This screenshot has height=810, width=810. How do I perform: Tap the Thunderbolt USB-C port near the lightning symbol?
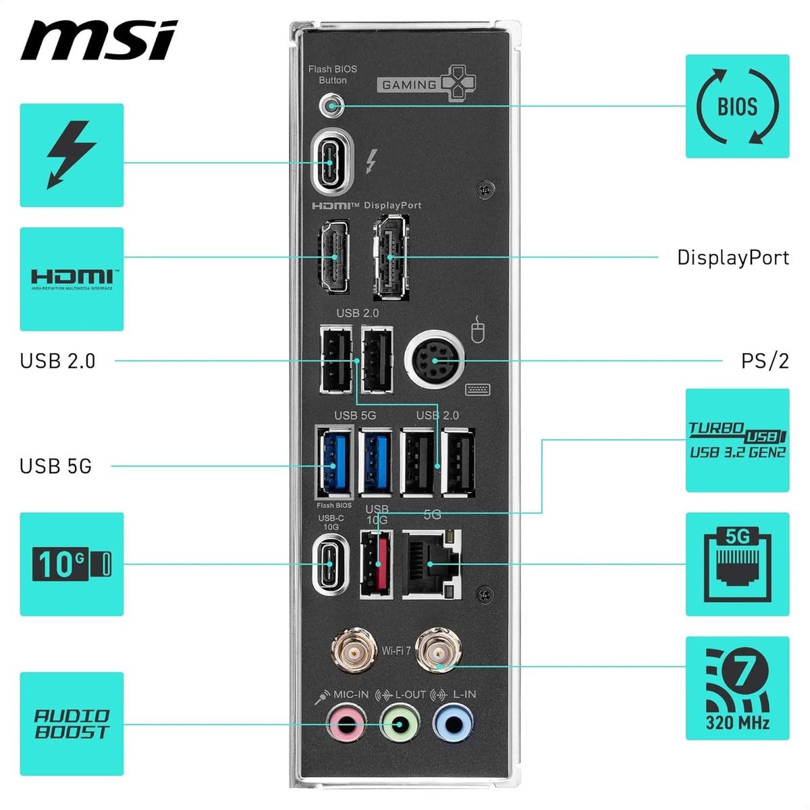click(x=331, y=163)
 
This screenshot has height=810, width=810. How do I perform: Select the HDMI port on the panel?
click(x=332, y=256)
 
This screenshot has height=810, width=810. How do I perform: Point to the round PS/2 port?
click(x=435, y=360)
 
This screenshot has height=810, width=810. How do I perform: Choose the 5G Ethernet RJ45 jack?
click(x=432, y=564)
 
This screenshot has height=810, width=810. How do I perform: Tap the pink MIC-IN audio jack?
click(x=346, y=725)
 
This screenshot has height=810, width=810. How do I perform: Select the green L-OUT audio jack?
click(x=400, y=725)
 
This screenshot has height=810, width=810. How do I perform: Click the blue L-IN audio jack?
click(x=453, y=725)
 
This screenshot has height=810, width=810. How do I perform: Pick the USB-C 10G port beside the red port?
click(x=331, y=564)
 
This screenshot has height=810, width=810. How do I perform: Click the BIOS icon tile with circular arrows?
click(x=737, y=107)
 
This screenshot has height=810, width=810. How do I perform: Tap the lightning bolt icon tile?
click(x=72, y=155)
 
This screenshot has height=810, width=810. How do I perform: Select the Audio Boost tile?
click(x=72, y=724)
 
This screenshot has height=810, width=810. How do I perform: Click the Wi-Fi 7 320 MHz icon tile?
click(x=737, y=687)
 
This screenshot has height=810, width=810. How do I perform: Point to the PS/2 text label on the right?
click(x=764, y=360)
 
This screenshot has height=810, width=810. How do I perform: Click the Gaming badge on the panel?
click(x=425, y=84)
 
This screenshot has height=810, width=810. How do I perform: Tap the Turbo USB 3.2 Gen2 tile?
click(x=737, y=440)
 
